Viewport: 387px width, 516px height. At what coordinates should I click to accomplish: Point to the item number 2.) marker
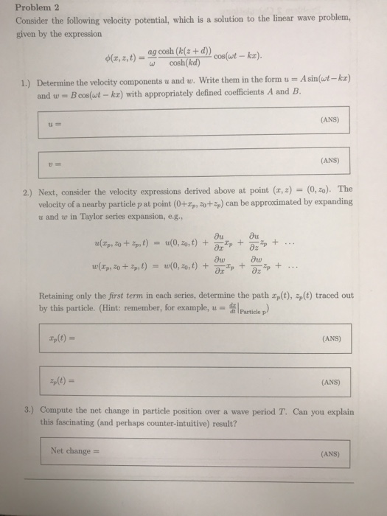pyautogui.click(x=36, y=189)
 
